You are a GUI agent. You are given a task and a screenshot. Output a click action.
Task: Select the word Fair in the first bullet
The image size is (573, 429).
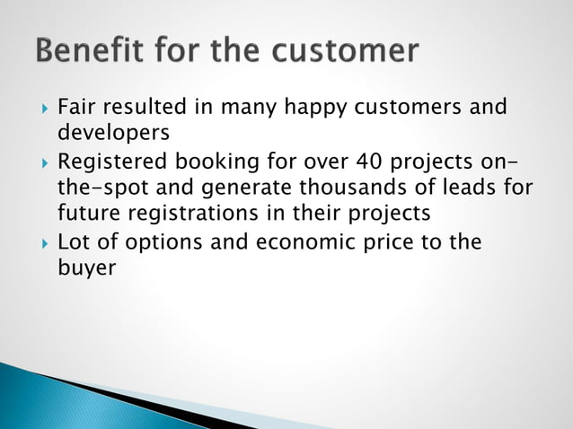click(x=76, y=108)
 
